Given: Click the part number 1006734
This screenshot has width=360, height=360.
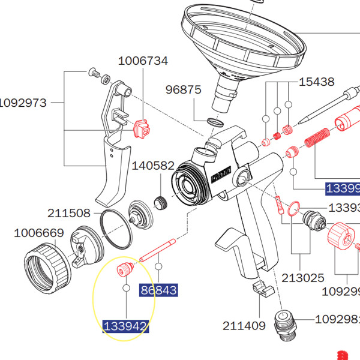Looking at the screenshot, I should click(x=143, y=61).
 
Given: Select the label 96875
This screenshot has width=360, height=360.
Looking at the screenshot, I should click(x=184, y=89).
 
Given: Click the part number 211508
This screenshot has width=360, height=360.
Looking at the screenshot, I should click(x=69, y=213).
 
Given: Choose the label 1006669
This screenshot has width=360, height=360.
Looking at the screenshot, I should click(x=38, y=233).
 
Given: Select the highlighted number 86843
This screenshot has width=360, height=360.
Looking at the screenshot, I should click(x=158, y=291).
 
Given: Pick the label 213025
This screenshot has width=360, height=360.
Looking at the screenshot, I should click(x=303, y=278).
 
